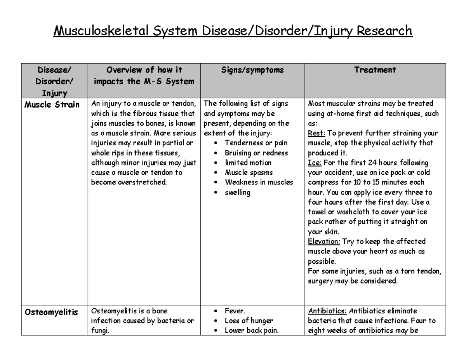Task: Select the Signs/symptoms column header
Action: tap(252, 70)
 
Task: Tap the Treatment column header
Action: tap(375, 70)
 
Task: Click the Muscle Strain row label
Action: tap(52, 105)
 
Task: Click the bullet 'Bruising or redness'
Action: tap(256, 153)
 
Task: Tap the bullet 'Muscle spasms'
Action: tap(249, 172)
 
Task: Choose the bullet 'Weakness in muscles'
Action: tap(259, 183)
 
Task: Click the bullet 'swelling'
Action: tap(237, 192)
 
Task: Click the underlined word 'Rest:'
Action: tap(315, 133)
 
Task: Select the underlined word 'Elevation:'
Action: tap(324, 242)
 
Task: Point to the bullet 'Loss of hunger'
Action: tap(249, 321)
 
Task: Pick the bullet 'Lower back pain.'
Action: tap(252, 331)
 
